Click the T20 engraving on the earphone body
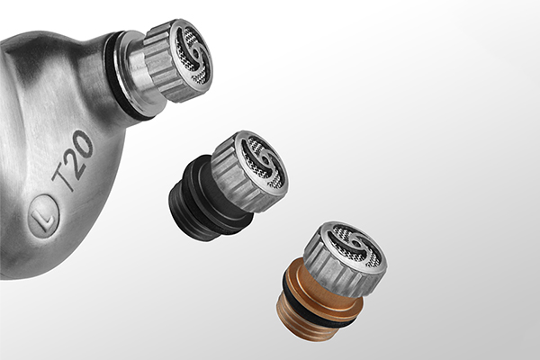(73, 160)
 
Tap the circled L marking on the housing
(44, 216)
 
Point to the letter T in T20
(63, 179)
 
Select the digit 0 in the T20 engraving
(84, 141)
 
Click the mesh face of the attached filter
(193, 56)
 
